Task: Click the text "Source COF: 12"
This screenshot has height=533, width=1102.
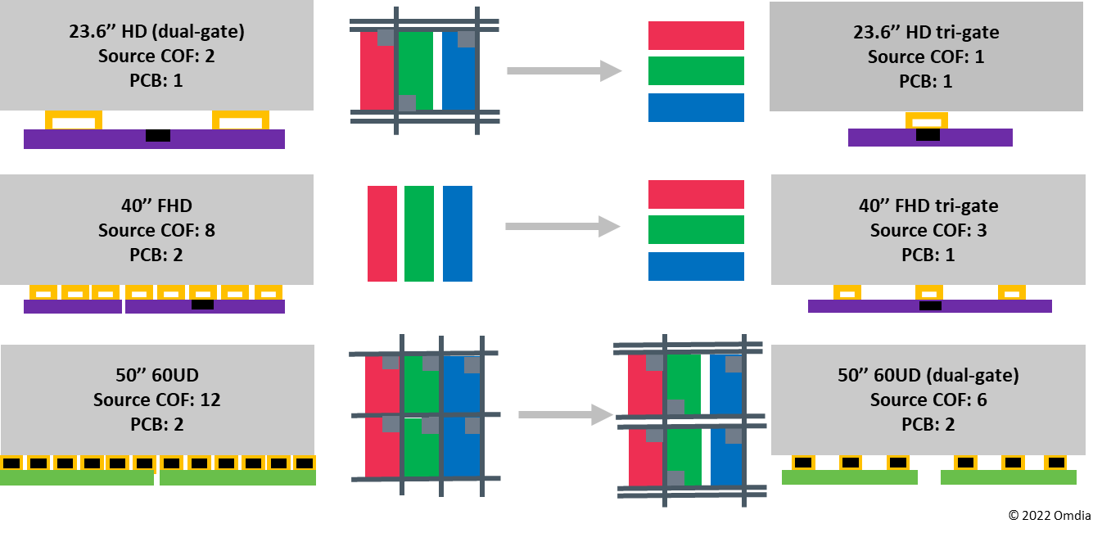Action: tap(157, 400)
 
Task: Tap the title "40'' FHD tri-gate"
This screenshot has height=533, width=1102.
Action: tap(928, 206)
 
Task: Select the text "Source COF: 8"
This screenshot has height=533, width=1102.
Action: tap(156, 230)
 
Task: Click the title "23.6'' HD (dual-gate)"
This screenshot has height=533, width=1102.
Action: tap(156, 32)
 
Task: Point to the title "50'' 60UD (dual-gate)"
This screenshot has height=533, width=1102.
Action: tap(928, 375)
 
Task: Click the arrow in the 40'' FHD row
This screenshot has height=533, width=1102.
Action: tap(563, 226)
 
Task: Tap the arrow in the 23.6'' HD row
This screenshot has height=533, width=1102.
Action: tap(565, 70)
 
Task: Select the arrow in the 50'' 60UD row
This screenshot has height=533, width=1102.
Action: tap(566, 414)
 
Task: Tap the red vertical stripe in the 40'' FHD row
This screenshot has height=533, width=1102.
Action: tap(382, 233)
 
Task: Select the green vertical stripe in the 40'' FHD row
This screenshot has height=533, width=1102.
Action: tap(419, 233)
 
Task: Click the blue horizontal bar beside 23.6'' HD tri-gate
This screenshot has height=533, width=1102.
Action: tap(696, 107)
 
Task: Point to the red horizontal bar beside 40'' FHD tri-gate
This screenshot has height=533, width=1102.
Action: tap(696, 194)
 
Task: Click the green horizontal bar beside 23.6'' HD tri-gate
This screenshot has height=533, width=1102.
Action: tap(696, 70)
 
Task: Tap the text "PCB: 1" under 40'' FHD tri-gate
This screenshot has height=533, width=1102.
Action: tap(928, 255)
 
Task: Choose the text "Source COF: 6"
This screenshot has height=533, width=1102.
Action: tap(928, 400)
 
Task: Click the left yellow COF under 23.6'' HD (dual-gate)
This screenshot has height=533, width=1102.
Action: tap(74, 120)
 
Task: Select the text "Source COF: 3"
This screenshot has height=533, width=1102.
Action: tap(928, 230)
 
